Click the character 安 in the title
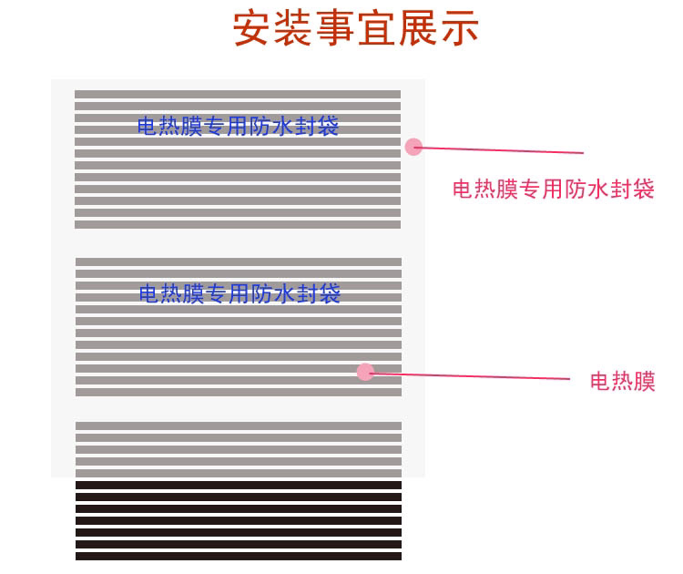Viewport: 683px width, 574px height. pos(253,29)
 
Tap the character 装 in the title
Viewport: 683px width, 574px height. pos(294,29)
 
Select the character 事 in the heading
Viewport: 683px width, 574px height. pos(336,29)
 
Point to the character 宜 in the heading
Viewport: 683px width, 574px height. pos(377,29)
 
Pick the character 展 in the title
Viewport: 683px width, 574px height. pos(418,29)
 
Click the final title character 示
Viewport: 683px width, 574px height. pos(459,29)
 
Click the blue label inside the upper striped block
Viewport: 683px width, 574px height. pos(238,127)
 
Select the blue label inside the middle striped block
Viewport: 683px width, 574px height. pos(240,293)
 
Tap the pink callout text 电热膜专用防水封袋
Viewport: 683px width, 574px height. pos(553,190)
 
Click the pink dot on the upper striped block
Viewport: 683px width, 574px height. pos(413,146)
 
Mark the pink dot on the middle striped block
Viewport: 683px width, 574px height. pos(365,372)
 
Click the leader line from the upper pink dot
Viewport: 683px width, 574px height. pos(501,149)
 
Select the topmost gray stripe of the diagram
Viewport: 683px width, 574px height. pos(238,94)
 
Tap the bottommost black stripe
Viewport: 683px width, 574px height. pos(238,555)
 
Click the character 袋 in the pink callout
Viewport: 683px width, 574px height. pos(644,190)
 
